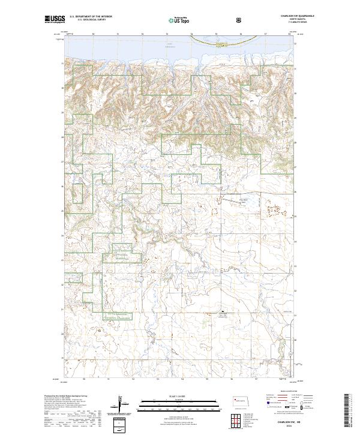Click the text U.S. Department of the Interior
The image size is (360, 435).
pyautogui.click(x=90, y=17)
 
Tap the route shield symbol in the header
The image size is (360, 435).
pyautogui.click(x=240, y=20)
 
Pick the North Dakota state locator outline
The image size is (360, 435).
pyautogui.click(x=242, y=401)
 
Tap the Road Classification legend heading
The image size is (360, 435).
pyautogui.click(x=285, y=393)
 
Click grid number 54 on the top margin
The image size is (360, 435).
pyautogui.click(x=191, y=34)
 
